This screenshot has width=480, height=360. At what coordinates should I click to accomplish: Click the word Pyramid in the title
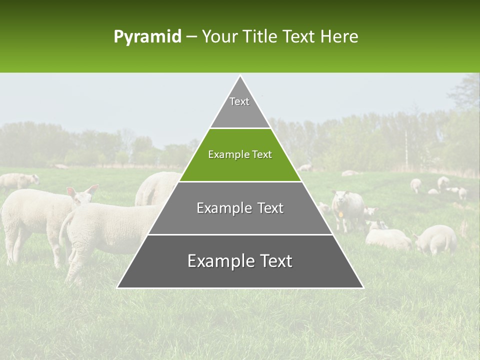[147, 37]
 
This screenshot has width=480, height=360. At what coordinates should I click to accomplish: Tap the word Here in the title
[339, 37]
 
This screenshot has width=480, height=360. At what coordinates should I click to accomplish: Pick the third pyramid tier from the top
[240, 208]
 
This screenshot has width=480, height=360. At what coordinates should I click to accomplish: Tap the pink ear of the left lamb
[71, 191]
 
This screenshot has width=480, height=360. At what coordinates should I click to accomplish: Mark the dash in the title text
[191, 37]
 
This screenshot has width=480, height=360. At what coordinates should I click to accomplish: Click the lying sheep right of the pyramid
[387, 238]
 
